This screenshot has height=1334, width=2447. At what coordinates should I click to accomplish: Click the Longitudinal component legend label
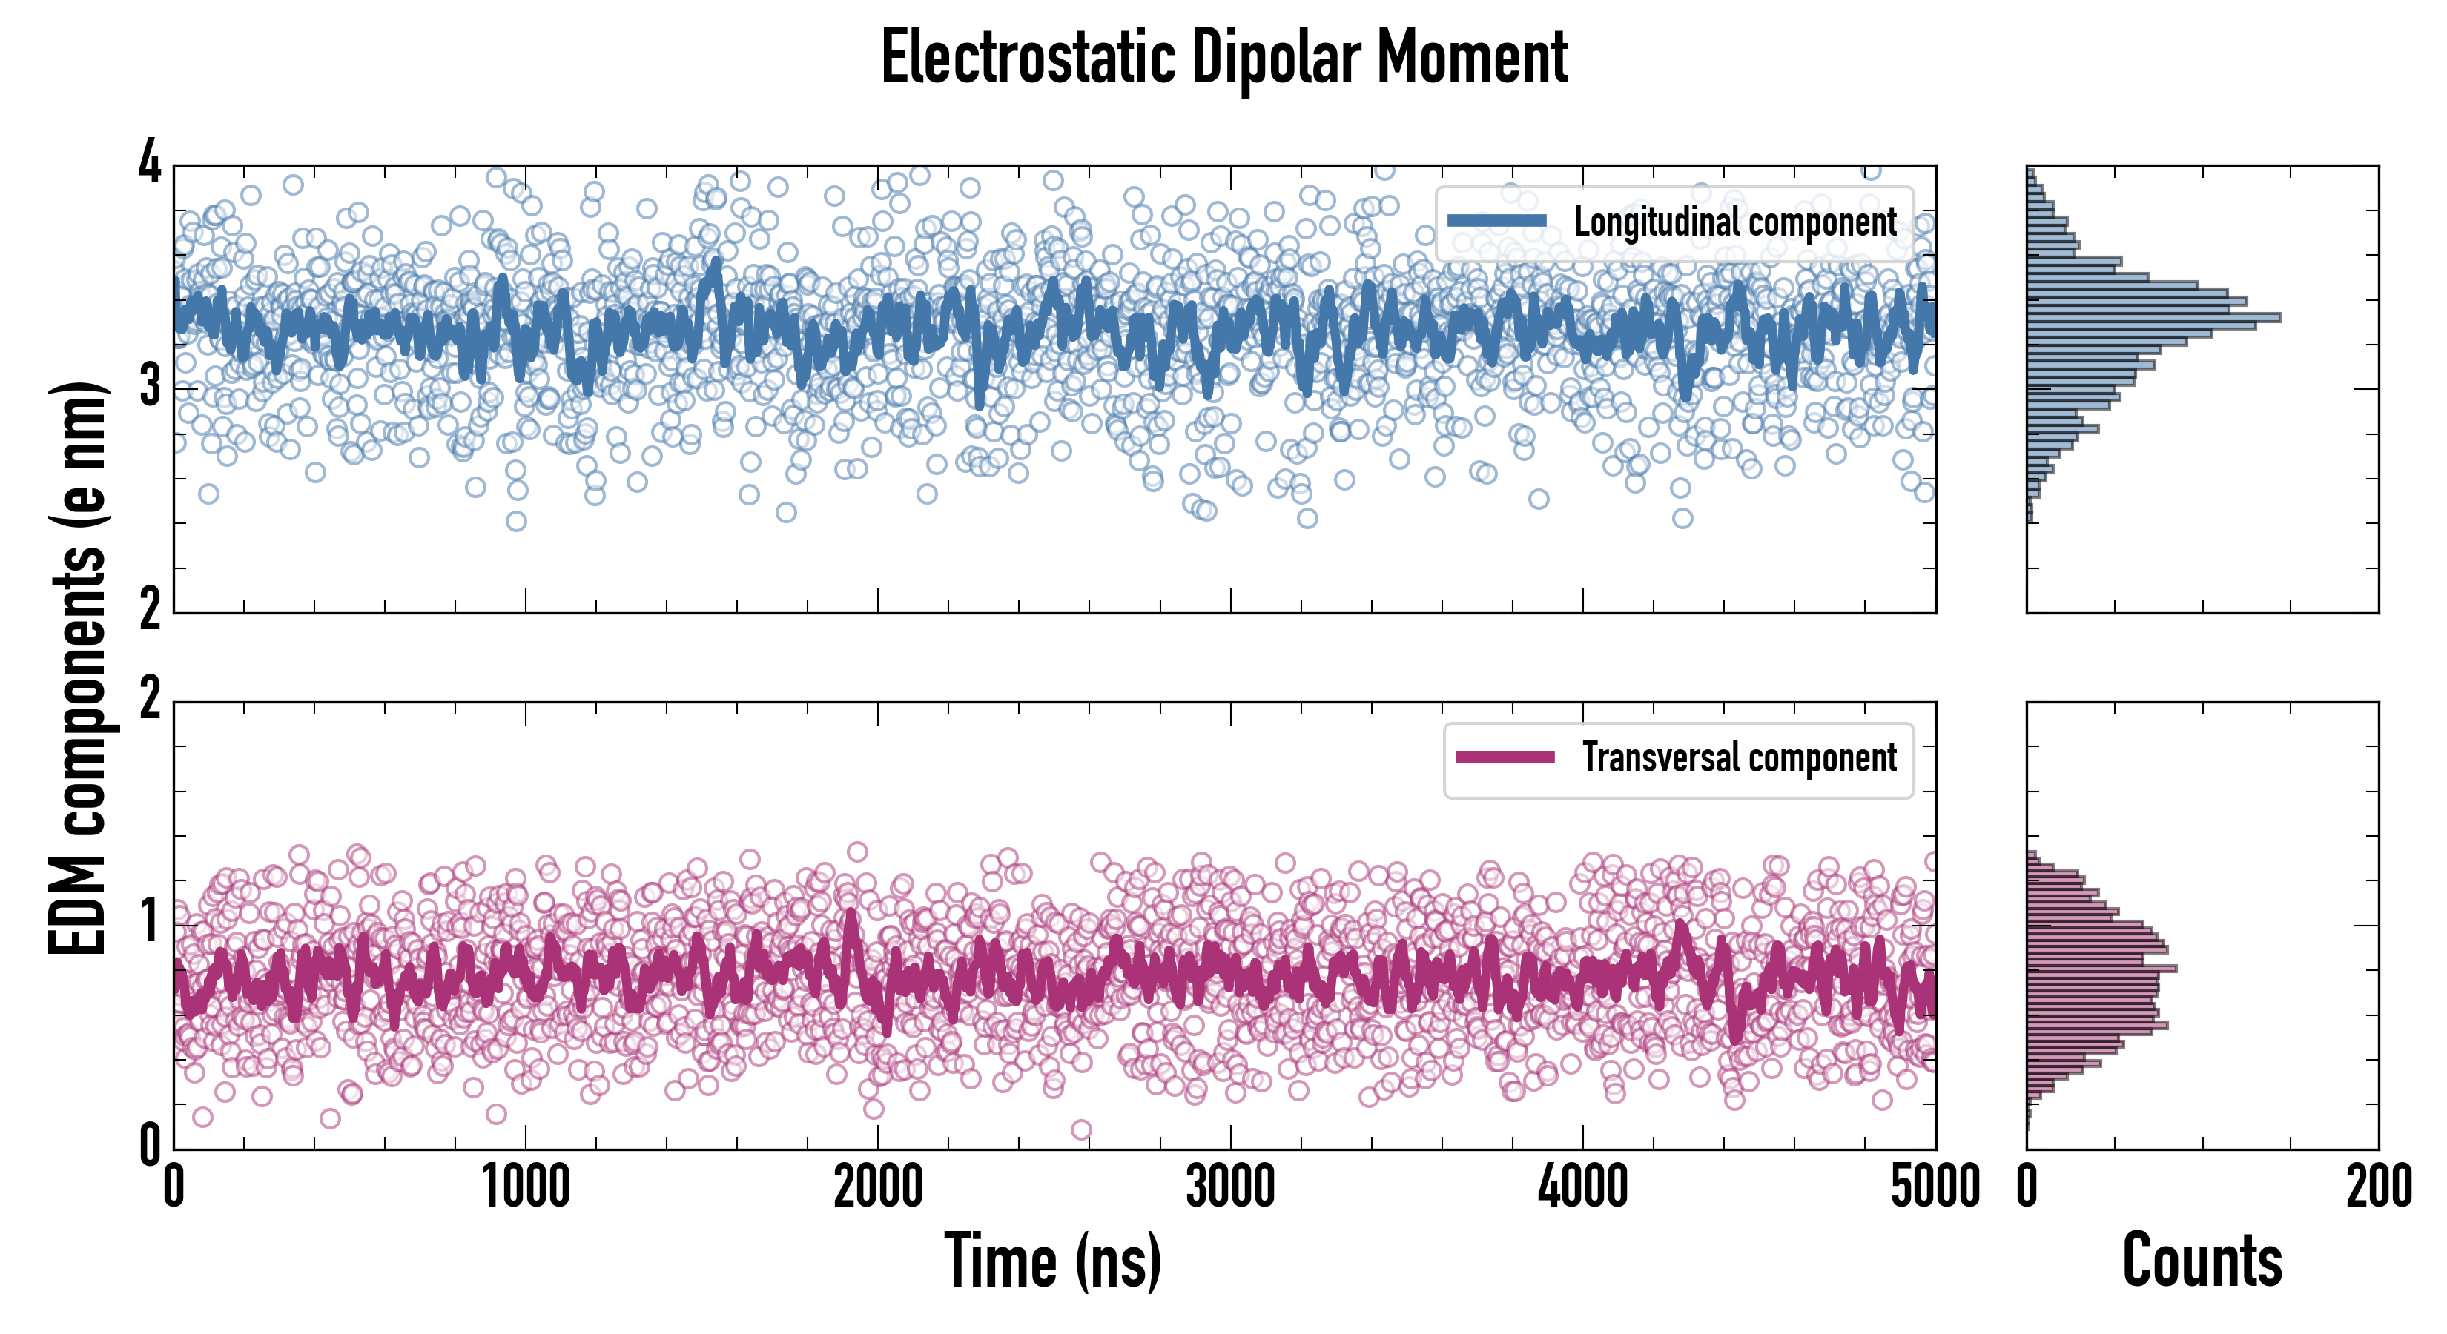(1734, 222)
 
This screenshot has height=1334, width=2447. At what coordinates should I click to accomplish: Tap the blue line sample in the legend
(1497, 220)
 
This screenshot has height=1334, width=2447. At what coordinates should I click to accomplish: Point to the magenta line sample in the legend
(1505, 757)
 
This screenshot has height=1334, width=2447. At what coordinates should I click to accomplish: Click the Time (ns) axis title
(1052, 1261)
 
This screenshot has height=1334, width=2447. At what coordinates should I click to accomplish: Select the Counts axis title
(2202, 1261)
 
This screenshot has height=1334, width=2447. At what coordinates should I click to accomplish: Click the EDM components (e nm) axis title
(78, 668)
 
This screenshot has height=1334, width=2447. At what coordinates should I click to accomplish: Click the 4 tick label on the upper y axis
(150, 163)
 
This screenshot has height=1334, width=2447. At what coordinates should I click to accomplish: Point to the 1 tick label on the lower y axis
(150, 922)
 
